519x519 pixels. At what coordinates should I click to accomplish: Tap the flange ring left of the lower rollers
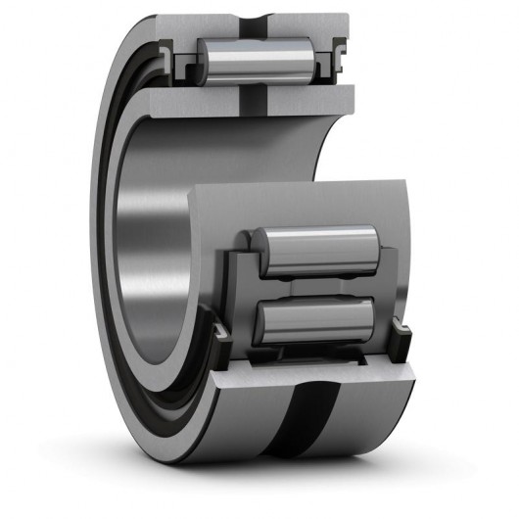pyautogui.click(x=239, y=294)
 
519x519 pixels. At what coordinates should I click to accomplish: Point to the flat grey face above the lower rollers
pyautogui.click(x=294, y=201)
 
